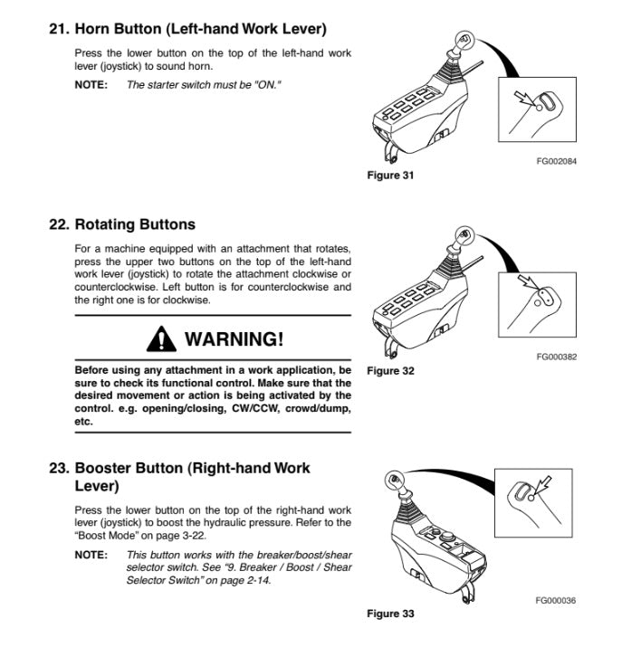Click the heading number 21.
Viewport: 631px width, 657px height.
tap(58, 29)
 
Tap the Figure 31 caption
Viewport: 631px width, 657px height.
tap(390, 176)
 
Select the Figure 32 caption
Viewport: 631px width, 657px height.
tap(390, 371)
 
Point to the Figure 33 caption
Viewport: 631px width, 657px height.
tap(390, 614)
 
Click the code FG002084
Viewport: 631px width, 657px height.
tap(557, 161)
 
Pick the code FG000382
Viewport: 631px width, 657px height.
tap(557, 357)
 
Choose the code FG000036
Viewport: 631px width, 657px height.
tap(557, 600)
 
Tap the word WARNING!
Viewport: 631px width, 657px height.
tap(234, 339)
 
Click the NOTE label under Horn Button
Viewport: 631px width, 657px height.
tap(90, 84)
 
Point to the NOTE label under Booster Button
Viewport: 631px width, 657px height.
tap(90, 555)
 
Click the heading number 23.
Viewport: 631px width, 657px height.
tap(58, 468)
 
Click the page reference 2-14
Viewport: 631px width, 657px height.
tap(253, 580)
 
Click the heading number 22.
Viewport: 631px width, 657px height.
tap(58, 224)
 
